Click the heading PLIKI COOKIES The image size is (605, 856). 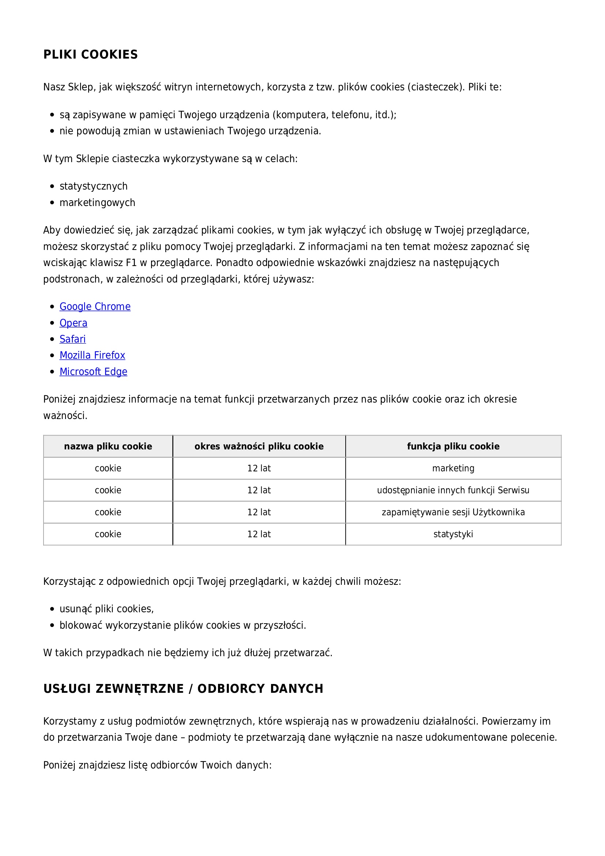[90, 55]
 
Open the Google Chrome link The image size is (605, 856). [95, 306]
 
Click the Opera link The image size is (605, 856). [74, 323]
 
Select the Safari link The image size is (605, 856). [73, 339]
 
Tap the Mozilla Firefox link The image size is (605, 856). [93, 355]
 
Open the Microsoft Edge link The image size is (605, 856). [94, 372]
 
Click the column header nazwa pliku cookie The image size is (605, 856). [108, 446]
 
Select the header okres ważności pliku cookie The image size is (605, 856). [259, 446]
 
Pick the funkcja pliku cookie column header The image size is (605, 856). [453, 446]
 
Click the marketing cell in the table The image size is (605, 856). [453, 468]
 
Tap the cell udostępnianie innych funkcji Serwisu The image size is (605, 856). [453, 490]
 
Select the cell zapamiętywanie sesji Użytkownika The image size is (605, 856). [453, 512]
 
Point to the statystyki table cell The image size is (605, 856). [453, 534]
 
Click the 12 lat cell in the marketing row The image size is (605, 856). [259, 468]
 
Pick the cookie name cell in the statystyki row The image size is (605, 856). [108, 534]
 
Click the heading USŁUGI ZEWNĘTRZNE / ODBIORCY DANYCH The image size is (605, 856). [183, 689]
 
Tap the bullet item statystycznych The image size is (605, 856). [94, 186]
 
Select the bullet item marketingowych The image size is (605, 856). [97, 202]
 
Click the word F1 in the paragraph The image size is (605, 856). [131, 263]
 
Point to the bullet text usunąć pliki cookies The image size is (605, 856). [106, 609]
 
